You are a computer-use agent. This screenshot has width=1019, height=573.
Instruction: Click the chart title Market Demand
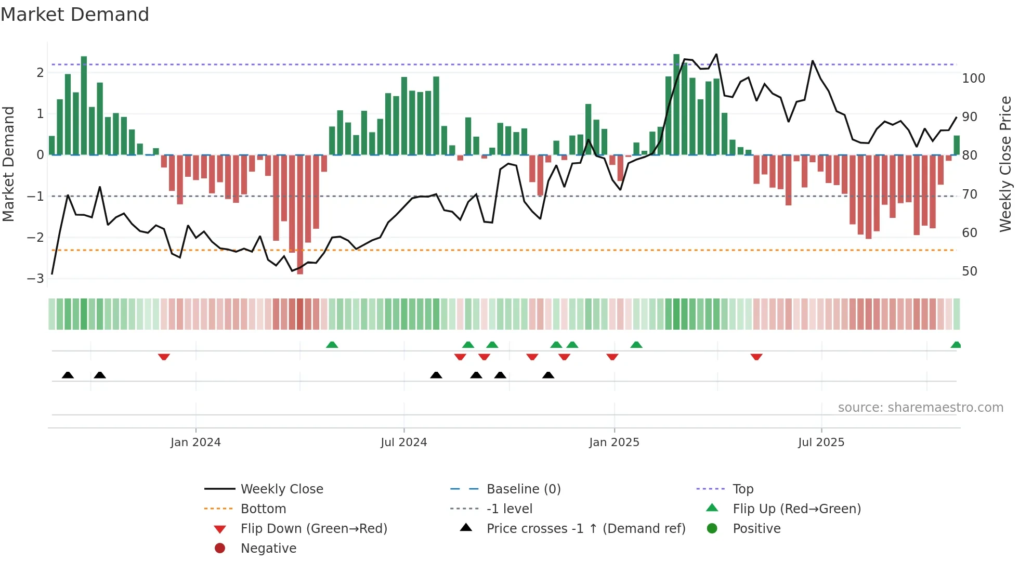pos(75,15)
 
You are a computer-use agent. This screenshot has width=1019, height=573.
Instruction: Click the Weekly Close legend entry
pos(281,489)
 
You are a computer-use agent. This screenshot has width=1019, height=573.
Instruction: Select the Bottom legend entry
pos(263,509)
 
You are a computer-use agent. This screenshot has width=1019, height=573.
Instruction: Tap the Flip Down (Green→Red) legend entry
pos(313,529)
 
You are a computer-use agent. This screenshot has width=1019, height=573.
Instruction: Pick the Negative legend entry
pos(268,549)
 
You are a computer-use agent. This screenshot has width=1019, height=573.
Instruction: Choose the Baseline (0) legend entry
pos(523,489)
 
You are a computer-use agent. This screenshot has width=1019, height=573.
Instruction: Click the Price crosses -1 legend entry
pos(585,529)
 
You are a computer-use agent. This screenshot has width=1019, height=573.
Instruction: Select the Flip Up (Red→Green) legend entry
pos(796,509)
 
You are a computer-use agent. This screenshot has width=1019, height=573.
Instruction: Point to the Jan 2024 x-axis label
pos(195,442)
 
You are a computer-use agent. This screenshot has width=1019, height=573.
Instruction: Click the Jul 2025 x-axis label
pos(821,442)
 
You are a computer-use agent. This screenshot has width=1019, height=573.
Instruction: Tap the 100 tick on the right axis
pos(973,79)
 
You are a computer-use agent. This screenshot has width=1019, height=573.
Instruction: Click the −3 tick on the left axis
pos(36,278)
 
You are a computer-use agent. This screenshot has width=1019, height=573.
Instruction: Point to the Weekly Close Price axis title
pos(1005,164)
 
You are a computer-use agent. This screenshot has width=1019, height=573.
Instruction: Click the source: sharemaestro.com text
pos(920,408)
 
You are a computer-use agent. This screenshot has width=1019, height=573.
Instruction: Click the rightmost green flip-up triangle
pos(956,345)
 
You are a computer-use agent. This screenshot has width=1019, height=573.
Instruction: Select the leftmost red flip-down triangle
pos(164,357)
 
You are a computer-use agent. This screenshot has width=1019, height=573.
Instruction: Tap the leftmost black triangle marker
pos(68,375)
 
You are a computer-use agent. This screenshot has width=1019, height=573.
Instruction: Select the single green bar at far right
pos(957,145)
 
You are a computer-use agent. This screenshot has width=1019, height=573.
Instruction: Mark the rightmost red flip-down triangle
pos(756,357)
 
